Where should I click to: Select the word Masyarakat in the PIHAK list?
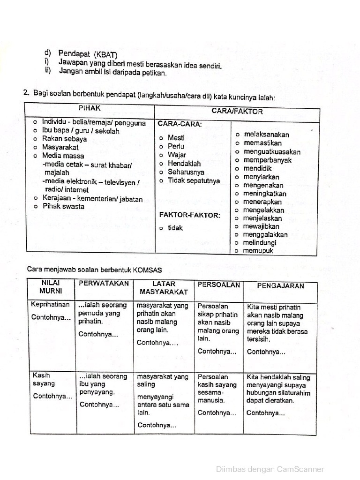click(x=60, y=147)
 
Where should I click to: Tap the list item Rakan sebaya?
click(x=64, y=139)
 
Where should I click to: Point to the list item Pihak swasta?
click(x=63, y=206)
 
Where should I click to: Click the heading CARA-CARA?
click(x=180, y=125)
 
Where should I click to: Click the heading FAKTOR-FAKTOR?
click(x=189, y=215)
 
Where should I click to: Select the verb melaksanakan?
click(x=266, y=135)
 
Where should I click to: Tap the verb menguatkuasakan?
click(x=272, y=152)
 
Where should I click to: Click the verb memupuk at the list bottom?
click(x=258, y=251)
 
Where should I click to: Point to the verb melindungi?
click(x=259, y=243)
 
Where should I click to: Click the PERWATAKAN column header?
click(x=104, y=284)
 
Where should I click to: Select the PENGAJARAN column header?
click(x=281, y=285)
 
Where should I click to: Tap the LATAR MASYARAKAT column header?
click(x=164, y=288)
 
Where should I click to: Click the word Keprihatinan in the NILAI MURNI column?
click(x=50, y=304)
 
